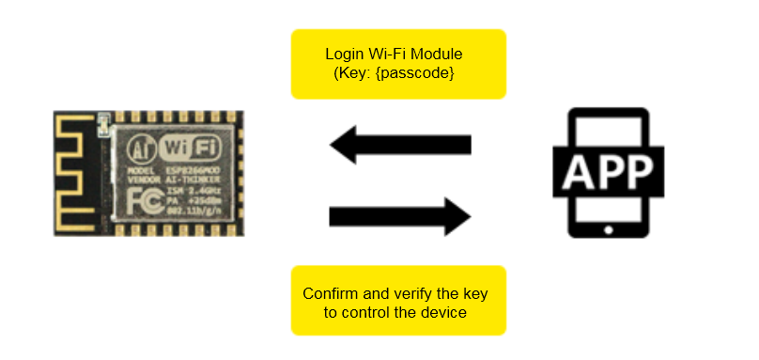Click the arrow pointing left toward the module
click(x=398, y=145)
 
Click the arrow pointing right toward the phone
click(x=398, y=218)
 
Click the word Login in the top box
click(x=345, y=54)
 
